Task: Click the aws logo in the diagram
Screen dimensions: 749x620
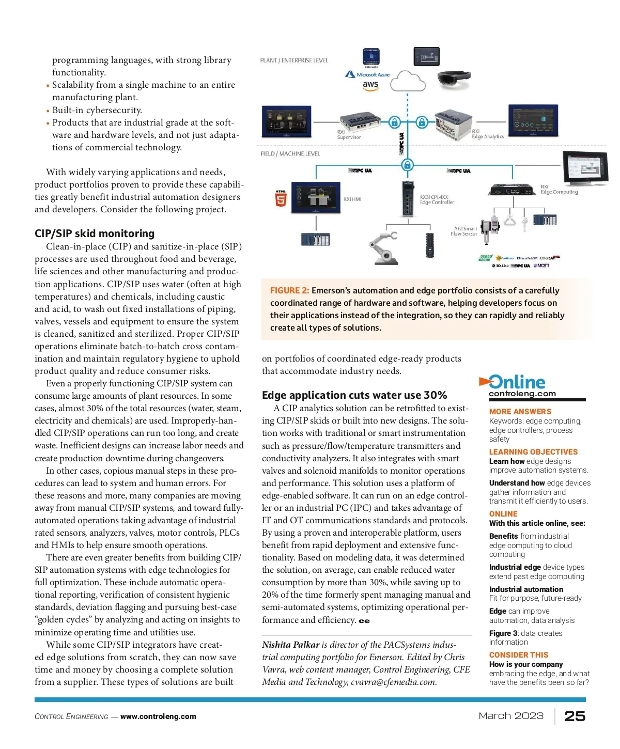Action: coord(370,85)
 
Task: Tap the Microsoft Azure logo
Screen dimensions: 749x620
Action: coord(368,74)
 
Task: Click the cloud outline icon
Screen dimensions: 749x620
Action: coord(408,81)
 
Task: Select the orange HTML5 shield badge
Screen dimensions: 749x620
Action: coord(281,198)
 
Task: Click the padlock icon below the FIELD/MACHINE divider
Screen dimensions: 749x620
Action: coord(407,165)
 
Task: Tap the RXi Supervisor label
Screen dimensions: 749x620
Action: coord(349,135)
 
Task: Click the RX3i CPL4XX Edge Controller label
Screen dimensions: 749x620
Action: coord(437,199)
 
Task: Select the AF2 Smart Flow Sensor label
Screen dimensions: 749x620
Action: coord(464,231)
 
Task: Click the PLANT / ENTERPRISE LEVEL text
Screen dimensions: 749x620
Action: coord(294,60)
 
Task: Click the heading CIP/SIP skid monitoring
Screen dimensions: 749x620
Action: coord(95,233)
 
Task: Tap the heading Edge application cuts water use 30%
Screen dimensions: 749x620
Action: coord(354,395)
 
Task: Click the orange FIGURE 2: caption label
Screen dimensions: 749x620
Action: coord(289,291)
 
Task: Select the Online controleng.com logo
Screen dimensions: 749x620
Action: coord(517,385)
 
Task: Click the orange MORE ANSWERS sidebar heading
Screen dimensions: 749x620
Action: coord(520,412)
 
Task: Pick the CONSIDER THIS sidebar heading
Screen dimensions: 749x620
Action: coord(518,654)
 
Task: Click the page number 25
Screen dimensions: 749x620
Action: coord(575,716)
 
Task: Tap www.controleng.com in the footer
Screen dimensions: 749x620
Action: coord(158,716)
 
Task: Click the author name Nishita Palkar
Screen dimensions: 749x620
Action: coord(290,645)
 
